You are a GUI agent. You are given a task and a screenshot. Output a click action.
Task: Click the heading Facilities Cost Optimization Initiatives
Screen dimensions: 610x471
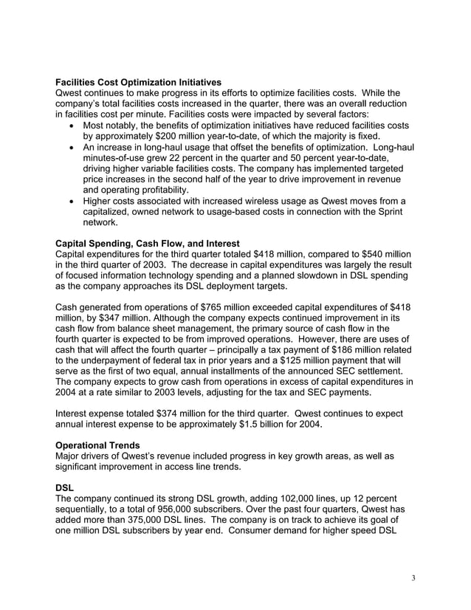click(x=138, y=82)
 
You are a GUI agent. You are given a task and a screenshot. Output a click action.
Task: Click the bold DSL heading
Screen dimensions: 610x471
click(x=64, y=488)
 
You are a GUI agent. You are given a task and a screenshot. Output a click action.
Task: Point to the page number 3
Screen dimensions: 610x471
click(x=413, y=578)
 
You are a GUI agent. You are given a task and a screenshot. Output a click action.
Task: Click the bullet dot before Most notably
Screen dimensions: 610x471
click(x=69, y=126)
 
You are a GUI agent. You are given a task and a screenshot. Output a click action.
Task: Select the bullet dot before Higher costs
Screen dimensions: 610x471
click(x=69, y=201)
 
